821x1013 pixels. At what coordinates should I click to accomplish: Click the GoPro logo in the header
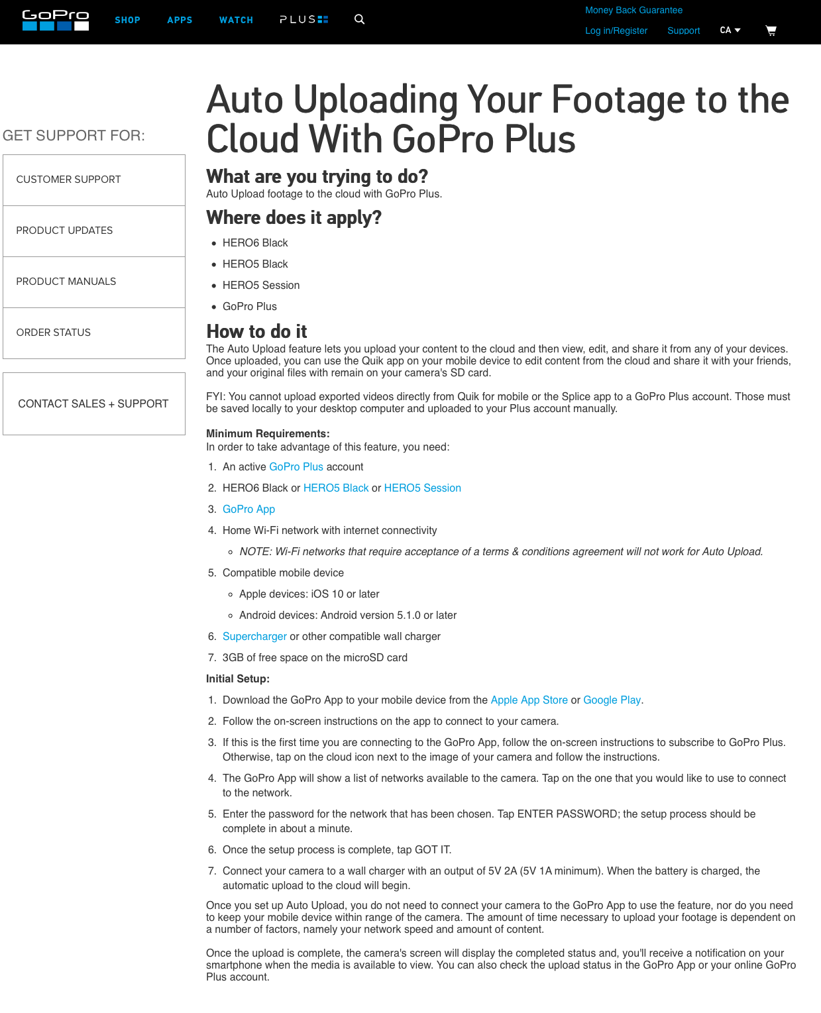[x=56, y=20]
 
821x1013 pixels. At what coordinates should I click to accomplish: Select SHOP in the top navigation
[x=127, y=21]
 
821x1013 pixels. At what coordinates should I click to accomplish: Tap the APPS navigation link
[x=180, y=21]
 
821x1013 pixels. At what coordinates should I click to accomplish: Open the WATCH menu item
[x=236, y=21]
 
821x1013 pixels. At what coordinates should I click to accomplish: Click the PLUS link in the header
[x=303, y=20]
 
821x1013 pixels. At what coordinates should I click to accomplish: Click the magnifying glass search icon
[x=359, y=19]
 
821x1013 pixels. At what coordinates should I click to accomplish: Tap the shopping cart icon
[x=771, y=30]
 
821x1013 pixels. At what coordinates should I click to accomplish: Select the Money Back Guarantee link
[x=633, y=10]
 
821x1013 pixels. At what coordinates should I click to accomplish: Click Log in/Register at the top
[x=616, y=30]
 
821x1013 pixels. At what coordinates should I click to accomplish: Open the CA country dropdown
[x=730, y=30]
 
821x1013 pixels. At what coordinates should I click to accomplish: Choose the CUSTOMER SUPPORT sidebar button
[x=94, y=180]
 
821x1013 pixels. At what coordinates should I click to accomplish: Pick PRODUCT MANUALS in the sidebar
[x=94, y=282]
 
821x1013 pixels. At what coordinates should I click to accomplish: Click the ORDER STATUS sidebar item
[x=94, y=333]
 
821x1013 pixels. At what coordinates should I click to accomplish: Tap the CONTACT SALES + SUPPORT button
[x=94, y=403]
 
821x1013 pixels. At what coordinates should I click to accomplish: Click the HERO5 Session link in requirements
[x=422, y=488]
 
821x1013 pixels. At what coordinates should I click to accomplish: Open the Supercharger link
[x=254, y=637]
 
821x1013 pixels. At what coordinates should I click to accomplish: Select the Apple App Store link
[x=529, y=700]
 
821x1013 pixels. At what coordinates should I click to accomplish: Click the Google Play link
[x=612, y=700]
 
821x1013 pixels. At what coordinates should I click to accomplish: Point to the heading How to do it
[x=256, y=331]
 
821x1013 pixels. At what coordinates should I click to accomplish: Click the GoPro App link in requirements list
[x=248, y=509]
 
